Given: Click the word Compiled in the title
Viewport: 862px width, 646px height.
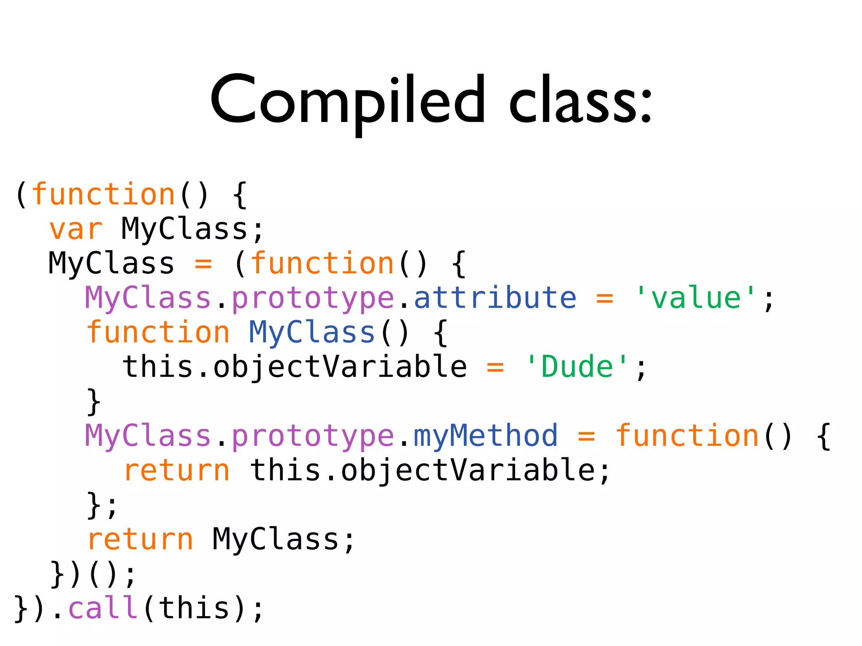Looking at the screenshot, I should [x=348, y=101].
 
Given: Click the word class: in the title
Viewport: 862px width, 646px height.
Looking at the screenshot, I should [x=581, y=101].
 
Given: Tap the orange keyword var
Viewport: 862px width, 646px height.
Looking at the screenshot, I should [x=76, y=230].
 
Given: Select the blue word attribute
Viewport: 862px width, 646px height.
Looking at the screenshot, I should [x=495, y=298].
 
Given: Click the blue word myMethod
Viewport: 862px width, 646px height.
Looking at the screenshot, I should [x=486, y=436].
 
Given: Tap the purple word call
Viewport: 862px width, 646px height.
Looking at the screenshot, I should [x=103, y=608].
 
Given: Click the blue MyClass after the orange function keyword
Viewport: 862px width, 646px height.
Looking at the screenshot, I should [x=312, y=333].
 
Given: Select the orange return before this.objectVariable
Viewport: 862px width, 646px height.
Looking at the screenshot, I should [x=177, y=471].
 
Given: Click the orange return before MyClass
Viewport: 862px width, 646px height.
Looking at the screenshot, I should [x=140, y=540].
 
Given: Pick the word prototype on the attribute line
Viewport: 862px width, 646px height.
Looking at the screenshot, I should [x=313, y=298].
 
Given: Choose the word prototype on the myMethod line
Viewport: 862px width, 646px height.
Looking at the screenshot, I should [x=313, y=436].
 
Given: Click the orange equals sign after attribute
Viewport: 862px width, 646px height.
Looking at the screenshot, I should [x=604, y=298].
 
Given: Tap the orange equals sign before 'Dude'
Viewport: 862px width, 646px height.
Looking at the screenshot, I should [x=495, y=367].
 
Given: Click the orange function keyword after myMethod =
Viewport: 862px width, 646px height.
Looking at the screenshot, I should [x=687, y=436].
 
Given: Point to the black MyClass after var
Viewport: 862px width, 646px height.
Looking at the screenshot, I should [x=185, y=230].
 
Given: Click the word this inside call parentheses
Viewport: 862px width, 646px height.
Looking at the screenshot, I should [x=194, y=608].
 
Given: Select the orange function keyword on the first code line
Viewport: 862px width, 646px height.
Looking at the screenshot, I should [x=104, y=195].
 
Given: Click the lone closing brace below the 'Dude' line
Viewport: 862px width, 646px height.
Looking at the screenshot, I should [x=93, y=402].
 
